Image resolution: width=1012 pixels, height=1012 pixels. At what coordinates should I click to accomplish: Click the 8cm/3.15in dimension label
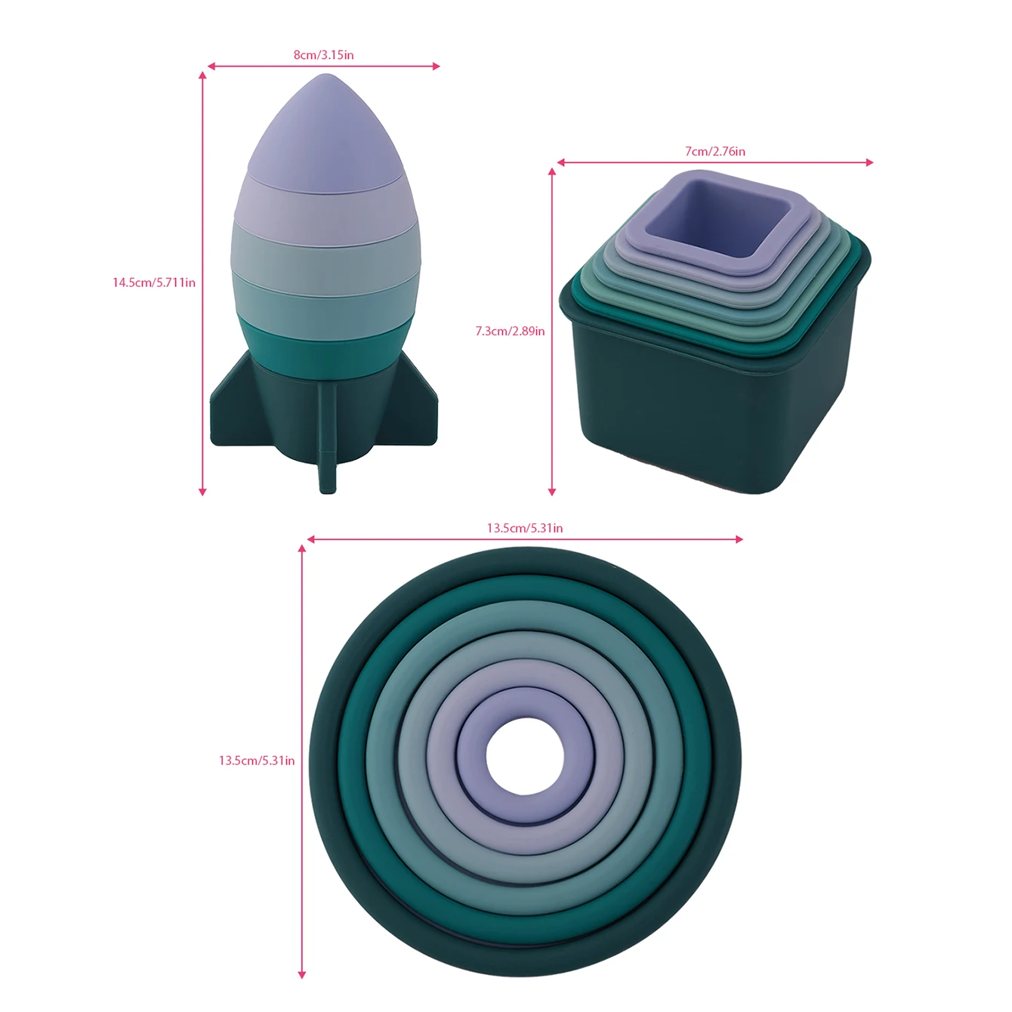323,54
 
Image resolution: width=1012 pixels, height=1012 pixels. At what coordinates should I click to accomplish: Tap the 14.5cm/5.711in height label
154,282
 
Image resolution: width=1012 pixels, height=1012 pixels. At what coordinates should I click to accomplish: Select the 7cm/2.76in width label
714,151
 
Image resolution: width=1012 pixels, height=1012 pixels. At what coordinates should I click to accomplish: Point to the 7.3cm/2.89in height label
510,331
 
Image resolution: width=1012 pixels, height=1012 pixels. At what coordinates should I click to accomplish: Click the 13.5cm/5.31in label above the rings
525,528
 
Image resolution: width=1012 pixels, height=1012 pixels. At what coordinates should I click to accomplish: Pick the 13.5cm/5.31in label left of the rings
257,761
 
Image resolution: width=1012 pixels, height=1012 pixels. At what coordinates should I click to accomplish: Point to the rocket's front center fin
327,436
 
